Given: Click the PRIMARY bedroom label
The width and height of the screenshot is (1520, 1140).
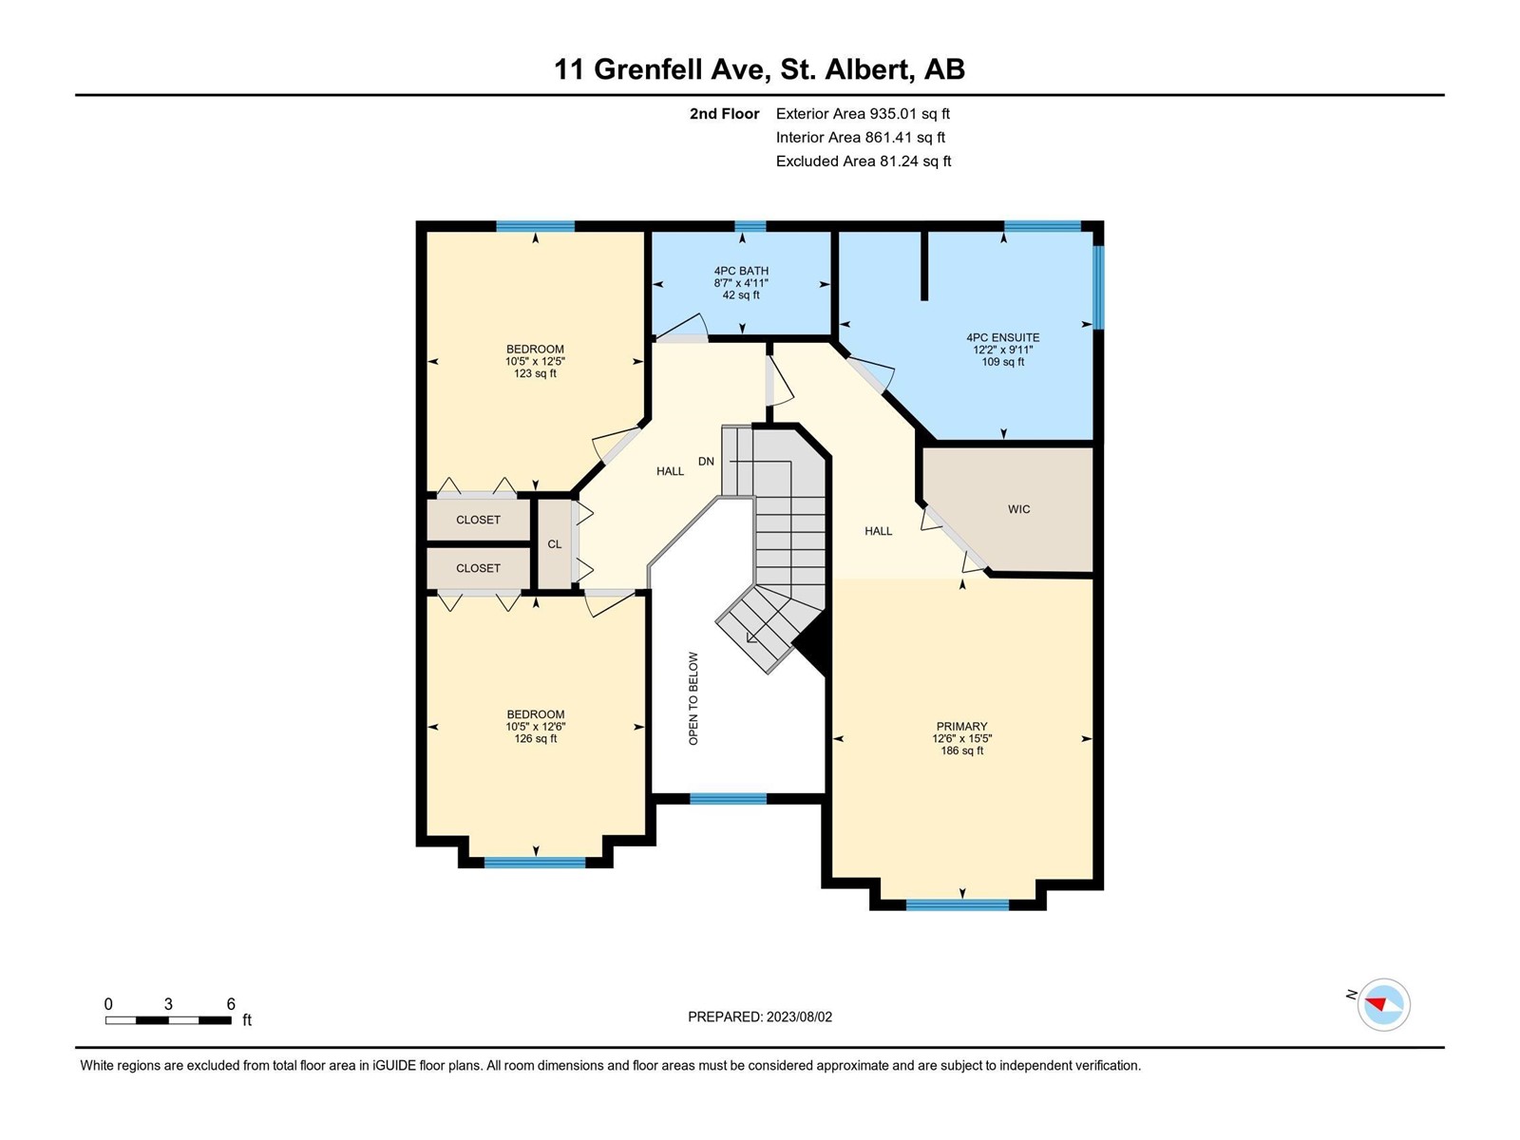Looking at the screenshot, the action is point(961,726).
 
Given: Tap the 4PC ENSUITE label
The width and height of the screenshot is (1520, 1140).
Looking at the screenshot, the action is point(1002,338).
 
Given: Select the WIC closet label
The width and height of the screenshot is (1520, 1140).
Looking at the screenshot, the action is point(1018,509).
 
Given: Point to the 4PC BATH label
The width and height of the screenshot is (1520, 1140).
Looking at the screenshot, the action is point(741,272).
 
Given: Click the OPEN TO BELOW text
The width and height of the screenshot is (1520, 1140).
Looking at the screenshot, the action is point(693,698).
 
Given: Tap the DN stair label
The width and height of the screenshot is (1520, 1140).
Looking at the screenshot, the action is point(706,462).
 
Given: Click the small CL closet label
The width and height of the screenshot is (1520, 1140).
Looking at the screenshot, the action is point(555,544).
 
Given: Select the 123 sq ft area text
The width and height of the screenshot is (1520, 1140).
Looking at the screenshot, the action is point(535,373).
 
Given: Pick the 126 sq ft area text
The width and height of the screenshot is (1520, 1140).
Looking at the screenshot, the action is point(535,738).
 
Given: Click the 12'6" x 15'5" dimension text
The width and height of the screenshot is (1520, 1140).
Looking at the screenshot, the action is point(961,738).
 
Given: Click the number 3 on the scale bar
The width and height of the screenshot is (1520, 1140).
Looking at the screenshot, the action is point(168,1003).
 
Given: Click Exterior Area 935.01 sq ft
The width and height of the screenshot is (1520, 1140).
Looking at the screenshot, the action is point(863,113).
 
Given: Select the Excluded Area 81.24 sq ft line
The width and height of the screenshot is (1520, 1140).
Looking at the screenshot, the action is point(864,161).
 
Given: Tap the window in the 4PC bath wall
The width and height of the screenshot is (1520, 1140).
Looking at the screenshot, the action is point(750,226).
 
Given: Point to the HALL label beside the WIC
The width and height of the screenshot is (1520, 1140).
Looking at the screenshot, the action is point(878,532).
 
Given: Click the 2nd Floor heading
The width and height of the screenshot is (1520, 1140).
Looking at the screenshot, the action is point(724,113).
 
